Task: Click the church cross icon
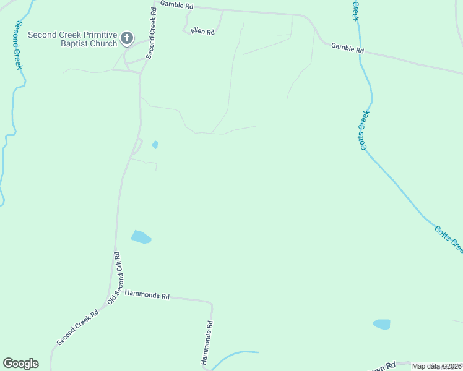pyautogui.click(x=126, y=38)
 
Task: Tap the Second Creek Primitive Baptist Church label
pyautogui.click(x=72, y=39)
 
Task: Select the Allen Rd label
pyautogui.click(x=202, y=31)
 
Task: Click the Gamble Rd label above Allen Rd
pyautogui.click(x=176, y=5)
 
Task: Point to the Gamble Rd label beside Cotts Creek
pyautogui.click(x=347, y=48)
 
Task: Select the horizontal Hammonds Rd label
pyautogui.click(x=147, y=296)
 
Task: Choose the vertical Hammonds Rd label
pyautogui.click(x=207, y=341)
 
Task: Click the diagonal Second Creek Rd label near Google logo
pyautogui.click(x=77, y=328)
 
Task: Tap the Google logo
pyautogui.click(x=20, y=364)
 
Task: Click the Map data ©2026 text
pyautogui.click(x=436, y=366)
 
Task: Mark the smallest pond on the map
pyautogui.click(x=155, y=145)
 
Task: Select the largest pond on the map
pyautogui.click(x=141, y=236)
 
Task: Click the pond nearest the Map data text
pyautogui.click(x=381, y=324)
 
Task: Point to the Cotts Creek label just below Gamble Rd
pyautogui.click(x=364, y=130)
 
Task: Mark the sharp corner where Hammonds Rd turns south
pyautogui.click(x=212, y=304)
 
